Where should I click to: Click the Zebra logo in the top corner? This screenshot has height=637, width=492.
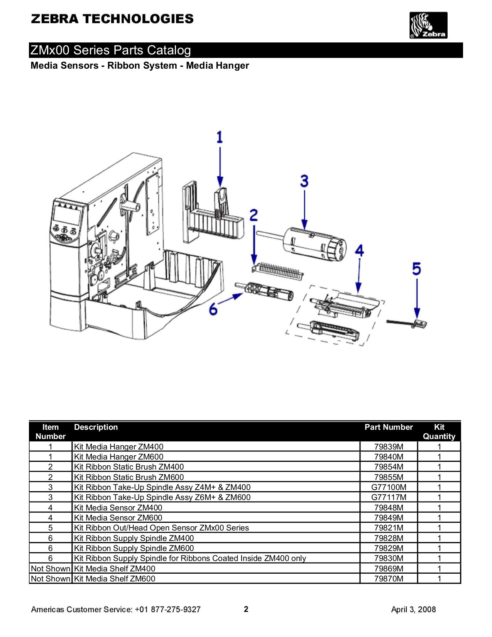click(428, 25)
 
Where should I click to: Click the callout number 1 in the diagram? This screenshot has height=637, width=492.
click(220, 137)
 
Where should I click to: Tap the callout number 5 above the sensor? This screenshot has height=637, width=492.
click(416, 269)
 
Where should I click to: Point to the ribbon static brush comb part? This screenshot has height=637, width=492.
click(279, 270)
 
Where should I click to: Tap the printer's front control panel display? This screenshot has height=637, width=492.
click(68, 215)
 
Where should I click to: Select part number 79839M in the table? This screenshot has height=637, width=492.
click(389, 447)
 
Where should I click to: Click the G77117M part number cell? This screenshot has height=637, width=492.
click(389, 497)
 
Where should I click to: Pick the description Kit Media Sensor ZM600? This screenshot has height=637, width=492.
click(118, 518)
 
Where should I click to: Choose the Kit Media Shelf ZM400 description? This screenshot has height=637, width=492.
click(115, 569)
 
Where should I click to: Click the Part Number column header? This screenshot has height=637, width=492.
click(389, 427)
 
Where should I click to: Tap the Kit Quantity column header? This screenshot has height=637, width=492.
click(439, 432)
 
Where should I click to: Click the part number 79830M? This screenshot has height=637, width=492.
click(389, 558)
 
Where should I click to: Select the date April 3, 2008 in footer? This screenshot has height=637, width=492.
click(413, 610)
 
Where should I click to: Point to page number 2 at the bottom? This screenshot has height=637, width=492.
click(246, 609)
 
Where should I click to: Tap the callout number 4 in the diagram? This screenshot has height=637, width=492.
click(359, 251)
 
